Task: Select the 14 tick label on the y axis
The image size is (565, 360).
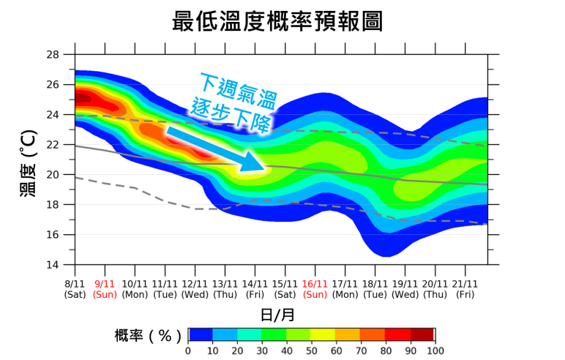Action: pos(53,265)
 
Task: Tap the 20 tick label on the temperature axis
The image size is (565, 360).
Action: pos(53,175)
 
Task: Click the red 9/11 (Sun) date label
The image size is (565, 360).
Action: pos(105,288)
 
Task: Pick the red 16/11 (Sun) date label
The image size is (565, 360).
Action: pos(315,288)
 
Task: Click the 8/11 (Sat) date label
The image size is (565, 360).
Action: pos(75,288)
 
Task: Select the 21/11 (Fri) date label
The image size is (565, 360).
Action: pos(465,288)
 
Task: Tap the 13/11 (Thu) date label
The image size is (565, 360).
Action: pos(225,288)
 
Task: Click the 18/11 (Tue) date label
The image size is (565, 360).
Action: pos(375,288)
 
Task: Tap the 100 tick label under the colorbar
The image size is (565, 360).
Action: pos(435,350)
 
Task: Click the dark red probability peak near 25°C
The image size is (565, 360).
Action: pos(82,97)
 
